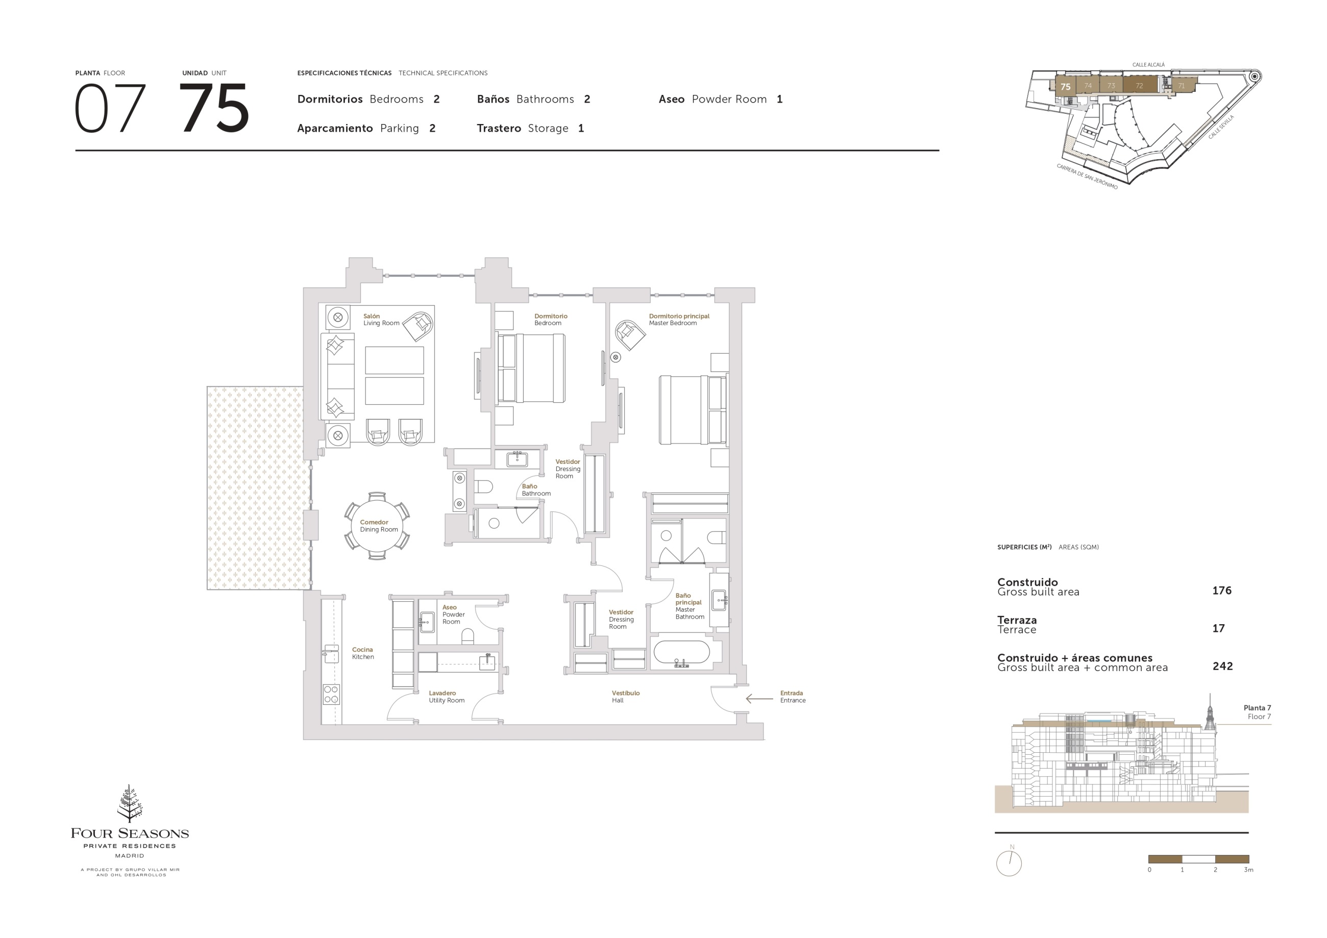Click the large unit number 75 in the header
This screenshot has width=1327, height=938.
click(214, 108)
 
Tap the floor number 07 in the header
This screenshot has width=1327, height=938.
click(110, 108)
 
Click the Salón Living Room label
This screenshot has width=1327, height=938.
click(381, 319)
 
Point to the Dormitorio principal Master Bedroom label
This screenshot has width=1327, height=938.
click(678, 319)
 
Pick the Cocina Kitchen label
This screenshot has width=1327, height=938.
click(363, 653)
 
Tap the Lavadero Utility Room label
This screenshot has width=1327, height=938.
click(446, 697)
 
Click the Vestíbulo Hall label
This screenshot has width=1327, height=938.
click(625, 697)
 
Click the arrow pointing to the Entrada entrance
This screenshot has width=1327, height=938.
click(759, 699)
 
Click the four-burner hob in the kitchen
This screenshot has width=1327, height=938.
click(331, 694)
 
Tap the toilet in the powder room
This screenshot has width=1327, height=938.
click(468, 636)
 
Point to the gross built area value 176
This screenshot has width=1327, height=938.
click(1221, 590)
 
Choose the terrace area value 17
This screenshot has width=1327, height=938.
click(1218, 628)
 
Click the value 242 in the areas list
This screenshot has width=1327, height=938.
click(1222, 667)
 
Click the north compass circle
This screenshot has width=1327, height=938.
click(1009, 863)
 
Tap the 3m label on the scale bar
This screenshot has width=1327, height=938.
click(1248, 870)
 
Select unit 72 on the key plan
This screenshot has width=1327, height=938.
click(1139, 86)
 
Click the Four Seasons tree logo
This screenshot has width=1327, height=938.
click(130, 803)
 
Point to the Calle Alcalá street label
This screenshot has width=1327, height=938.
click(1148, 65)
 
